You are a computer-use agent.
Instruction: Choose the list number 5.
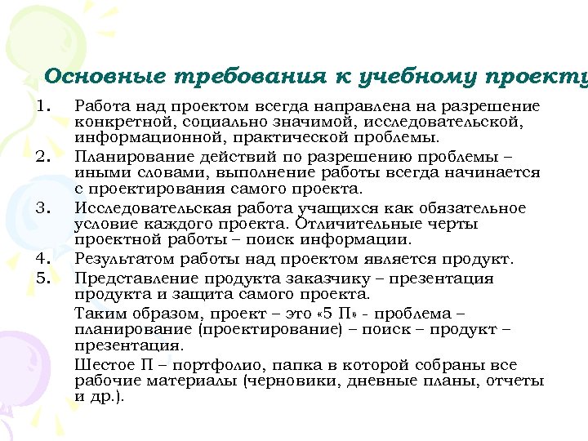43,278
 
